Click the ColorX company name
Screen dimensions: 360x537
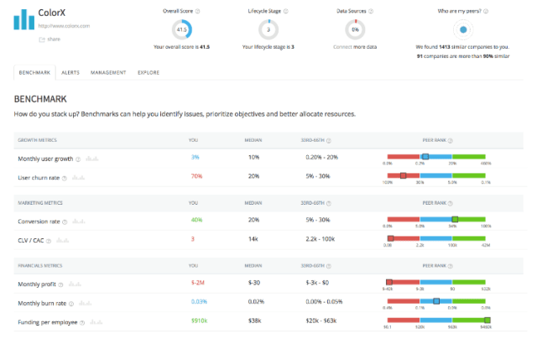point(54,13)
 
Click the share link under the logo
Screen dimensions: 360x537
point(53,39)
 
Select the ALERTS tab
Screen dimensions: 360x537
point(70,73)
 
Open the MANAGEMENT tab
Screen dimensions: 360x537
point(108,73)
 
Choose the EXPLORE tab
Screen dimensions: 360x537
point(149,73)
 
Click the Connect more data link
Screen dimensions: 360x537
point(355,47)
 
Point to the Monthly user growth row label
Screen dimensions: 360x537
point(45,158)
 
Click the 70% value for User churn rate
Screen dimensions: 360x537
point(196,176)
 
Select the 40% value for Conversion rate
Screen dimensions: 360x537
point(196,220)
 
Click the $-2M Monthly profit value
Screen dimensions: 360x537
point(198,283)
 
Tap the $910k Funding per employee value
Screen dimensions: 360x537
point(199,321)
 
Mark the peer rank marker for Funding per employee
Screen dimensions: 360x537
point(486,321)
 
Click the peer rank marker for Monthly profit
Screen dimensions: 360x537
point(389,282)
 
